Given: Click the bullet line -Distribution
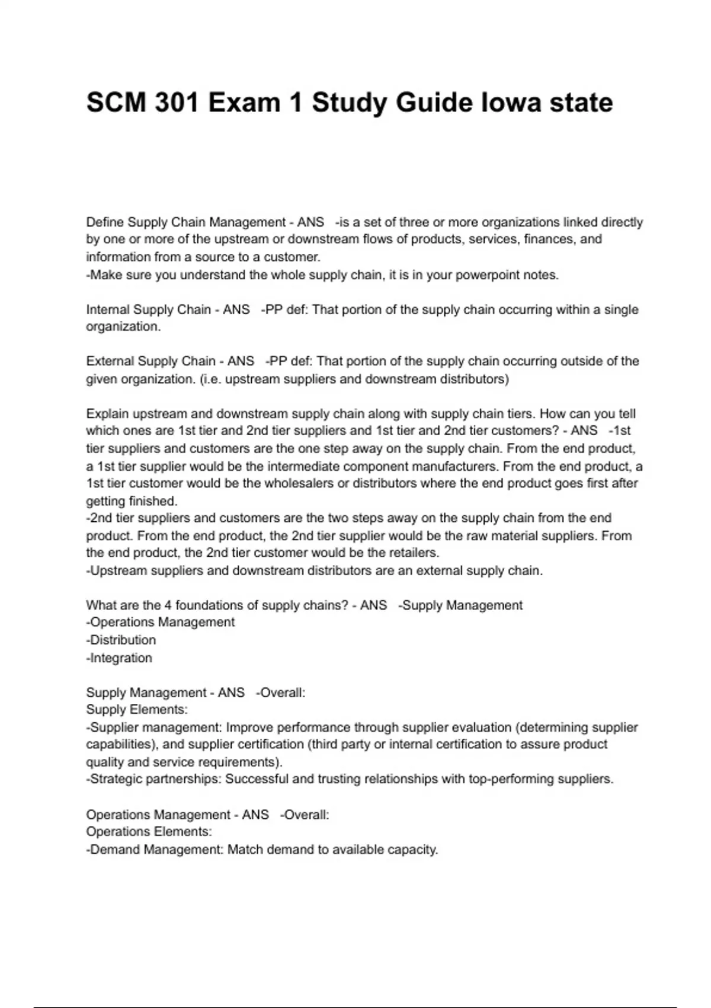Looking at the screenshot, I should point(121,640).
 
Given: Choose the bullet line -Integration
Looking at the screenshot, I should point(120,658).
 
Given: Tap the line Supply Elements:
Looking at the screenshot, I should point(137,710).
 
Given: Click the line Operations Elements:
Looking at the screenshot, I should point(149,832).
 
